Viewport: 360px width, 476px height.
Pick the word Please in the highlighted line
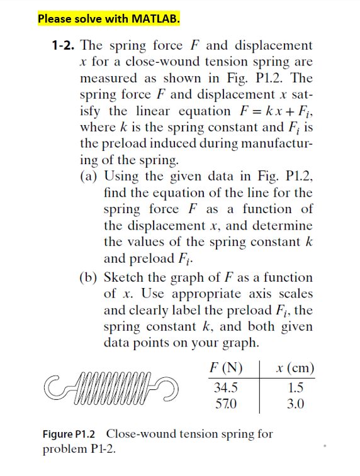point(54,18)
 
